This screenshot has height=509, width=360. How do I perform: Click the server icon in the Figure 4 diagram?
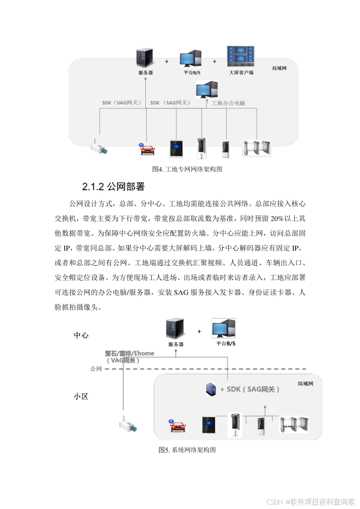coord(145,58)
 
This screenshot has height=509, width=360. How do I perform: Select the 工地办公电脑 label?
coord(228,103)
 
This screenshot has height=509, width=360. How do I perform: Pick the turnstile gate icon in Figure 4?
coord(257,148)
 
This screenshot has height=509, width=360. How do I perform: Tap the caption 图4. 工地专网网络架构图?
coord(188,170)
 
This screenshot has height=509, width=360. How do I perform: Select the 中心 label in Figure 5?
coord(81,335)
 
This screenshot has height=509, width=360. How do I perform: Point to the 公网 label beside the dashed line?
coord(96,369)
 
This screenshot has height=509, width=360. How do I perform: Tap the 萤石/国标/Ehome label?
coord(130,353)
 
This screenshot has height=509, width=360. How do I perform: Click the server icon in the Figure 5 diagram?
coord(176,330)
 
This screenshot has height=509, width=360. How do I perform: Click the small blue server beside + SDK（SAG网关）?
coord(210,389)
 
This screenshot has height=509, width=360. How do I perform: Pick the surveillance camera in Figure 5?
coord(127,425)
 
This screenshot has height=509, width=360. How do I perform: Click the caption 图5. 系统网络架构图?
coord(187,450)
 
